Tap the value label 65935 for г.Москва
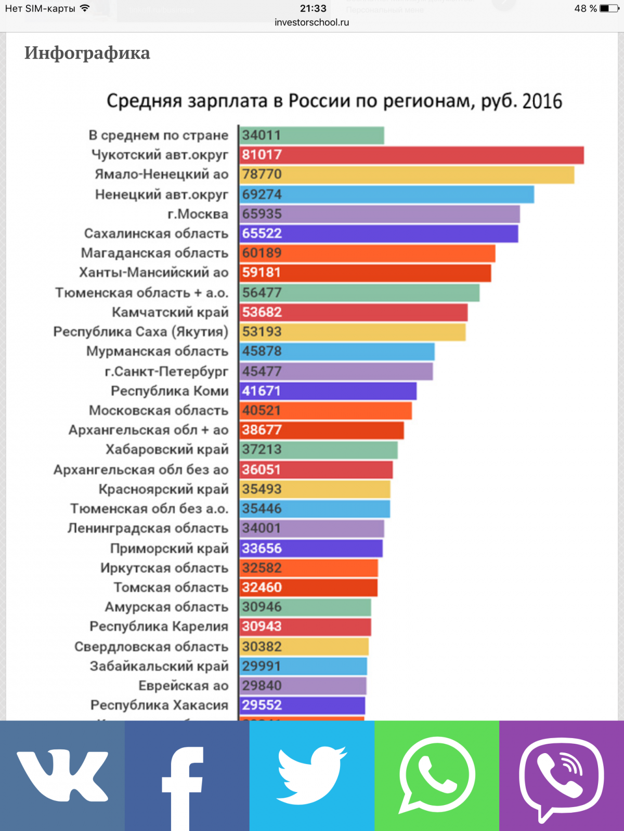pyautogui.click(x=262, y=214)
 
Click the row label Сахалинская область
pyautogui.click(x=156, y=234)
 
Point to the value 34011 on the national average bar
pyautogui.click(x=262, y=136)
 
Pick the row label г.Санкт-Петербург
pyautogui.click(x=166, y=371)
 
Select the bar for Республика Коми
pyautogui.click(x=328, y=391)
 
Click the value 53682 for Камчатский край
pyautogui.click(x=262, y=312)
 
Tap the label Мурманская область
pyautogui.click(x=157, y=352)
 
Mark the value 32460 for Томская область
pyautogui.click(x=262, y=587)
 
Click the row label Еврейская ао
pyautogui.click(x=183, y=686)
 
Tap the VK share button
pyautogui.click(x=62, y=775)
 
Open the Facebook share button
pyautogui.click(x=187, y=775)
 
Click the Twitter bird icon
pyautogui.click(x=312, y=775)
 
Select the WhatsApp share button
pyautogui.click(x=437, y=775)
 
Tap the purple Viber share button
pyautogui.click(x=562, y=775)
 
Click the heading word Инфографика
pyautogui.click(x=87, y=53)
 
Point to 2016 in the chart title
pyautogui.click(x=542, y=101)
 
